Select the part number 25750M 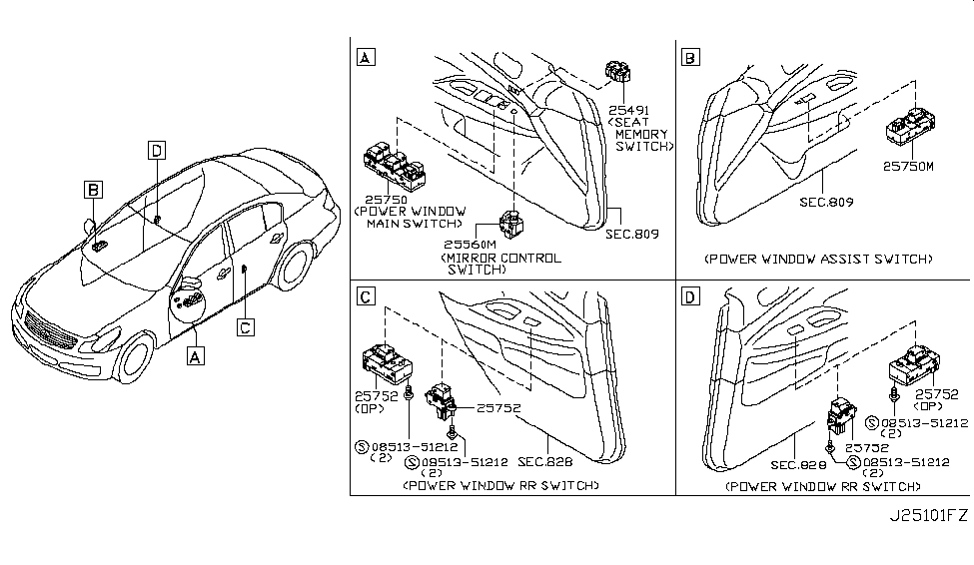[907, 167]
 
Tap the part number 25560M [470, 244]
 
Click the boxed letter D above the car [156, 150]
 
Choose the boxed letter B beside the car [93, 189]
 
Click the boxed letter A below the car [195, 354]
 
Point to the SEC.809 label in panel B [825, 201]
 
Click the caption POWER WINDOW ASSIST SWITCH [818, 259]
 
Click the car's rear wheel [293, 271]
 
